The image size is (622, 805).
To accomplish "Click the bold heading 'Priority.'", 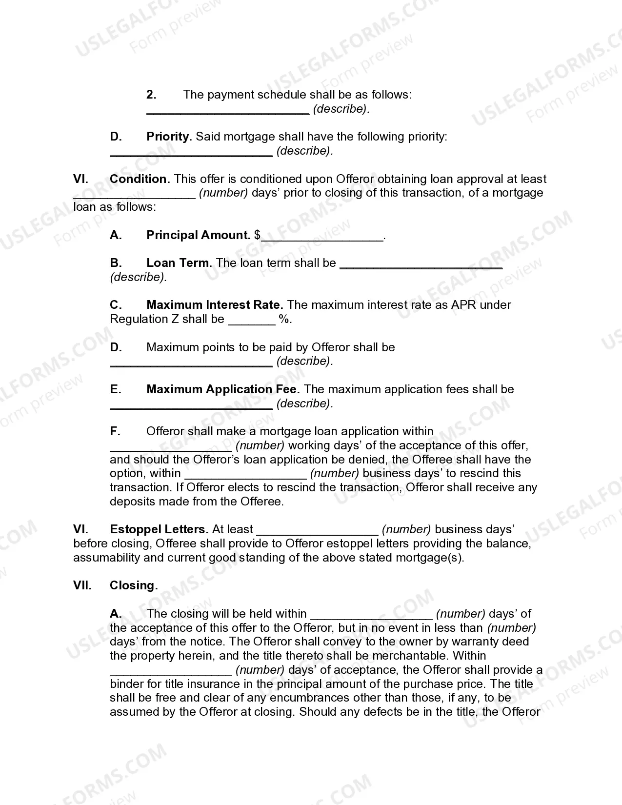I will click(x=169, y=137).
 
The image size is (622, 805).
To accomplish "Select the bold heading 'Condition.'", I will click(x=140, y=179).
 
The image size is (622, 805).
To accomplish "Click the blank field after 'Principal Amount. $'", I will click(x=322, y=236).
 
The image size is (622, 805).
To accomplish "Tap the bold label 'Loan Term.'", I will click(x=179, y=263).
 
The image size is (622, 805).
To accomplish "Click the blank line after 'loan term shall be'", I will click(x=421, y=264).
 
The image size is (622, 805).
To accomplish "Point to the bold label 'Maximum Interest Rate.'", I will click(x=215, y=305).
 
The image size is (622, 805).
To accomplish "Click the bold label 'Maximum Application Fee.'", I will click(x=223, y=389).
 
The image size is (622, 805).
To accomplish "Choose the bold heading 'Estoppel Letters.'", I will click(x=159, y=529).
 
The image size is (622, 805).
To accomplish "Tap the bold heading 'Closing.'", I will click(x=134, y=585).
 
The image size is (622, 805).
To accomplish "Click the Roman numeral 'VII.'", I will click(x=82, y=585).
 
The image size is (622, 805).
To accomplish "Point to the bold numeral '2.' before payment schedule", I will click(x=151, y=95).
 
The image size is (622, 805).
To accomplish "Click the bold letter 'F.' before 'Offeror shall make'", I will click(x=115, y=431).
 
